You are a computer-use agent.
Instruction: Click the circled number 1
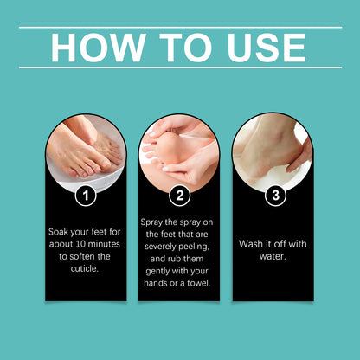85,195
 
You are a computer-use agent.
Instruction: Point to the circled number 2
179,195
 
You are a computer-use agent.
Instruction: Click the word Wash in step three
252,243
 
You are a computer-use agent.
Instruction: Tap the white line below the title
180,67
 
